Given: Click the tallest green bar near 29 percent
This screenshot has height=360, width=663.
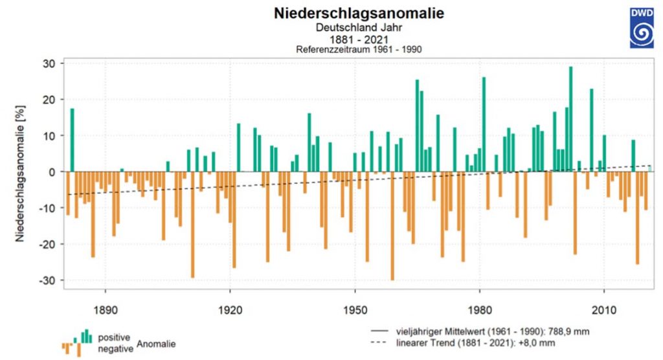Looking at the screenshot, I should [570, 119].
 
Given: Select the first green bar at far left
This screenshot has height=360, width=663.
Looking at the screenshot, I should [73, 140].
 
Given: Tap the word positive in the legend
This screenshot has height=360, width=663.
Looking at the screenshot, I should [115, 338].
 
